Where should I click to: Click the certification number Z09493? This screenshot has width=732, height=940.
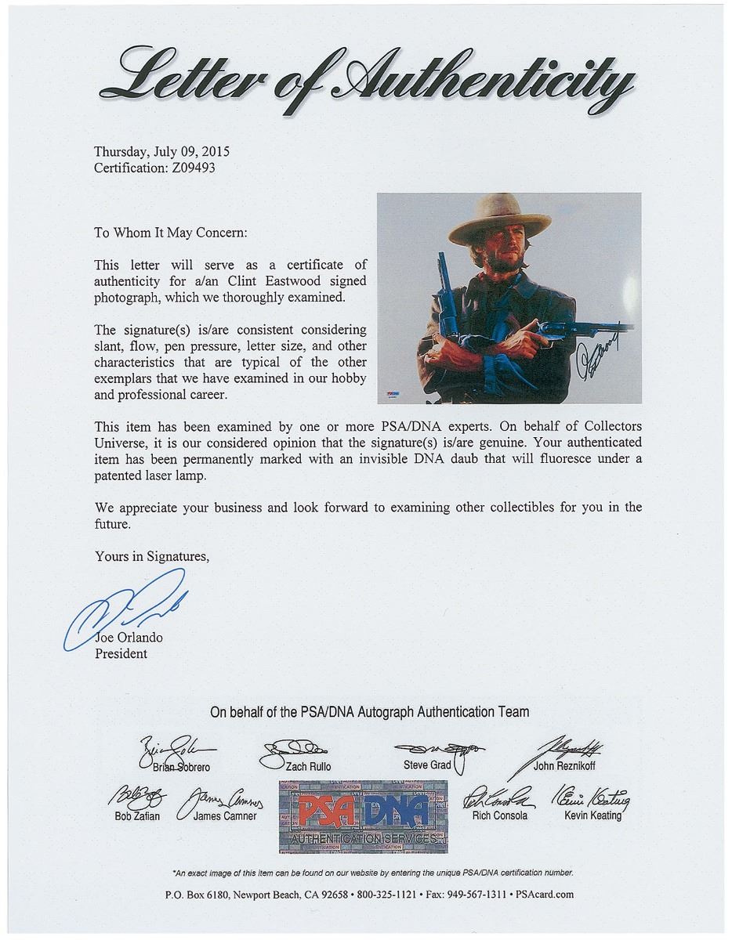187,167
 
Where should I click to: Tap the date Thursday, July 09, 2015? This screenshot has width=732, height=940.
161,152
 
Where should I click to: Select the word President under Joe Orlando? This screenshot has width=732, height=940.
121,653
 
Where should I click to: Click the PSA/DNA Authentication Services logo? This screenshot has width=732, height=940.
363,816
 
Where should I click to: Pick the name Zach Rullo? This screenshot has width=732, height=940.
307,767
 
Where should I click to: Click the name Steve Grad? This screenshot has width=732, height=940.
427,765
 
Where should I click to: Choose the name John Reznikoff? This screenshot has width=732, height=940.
564,765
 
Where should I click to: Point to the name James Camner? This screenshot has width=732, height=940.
226,816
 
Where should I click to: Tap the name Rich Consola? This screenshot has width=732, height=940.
499,815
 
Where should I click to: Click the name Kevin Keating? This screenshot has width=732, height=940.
592,815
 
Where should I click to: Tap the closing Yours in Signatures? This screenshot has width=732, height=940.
152,556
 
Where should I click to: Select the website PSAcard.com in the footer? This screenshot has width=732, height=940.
546,894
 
